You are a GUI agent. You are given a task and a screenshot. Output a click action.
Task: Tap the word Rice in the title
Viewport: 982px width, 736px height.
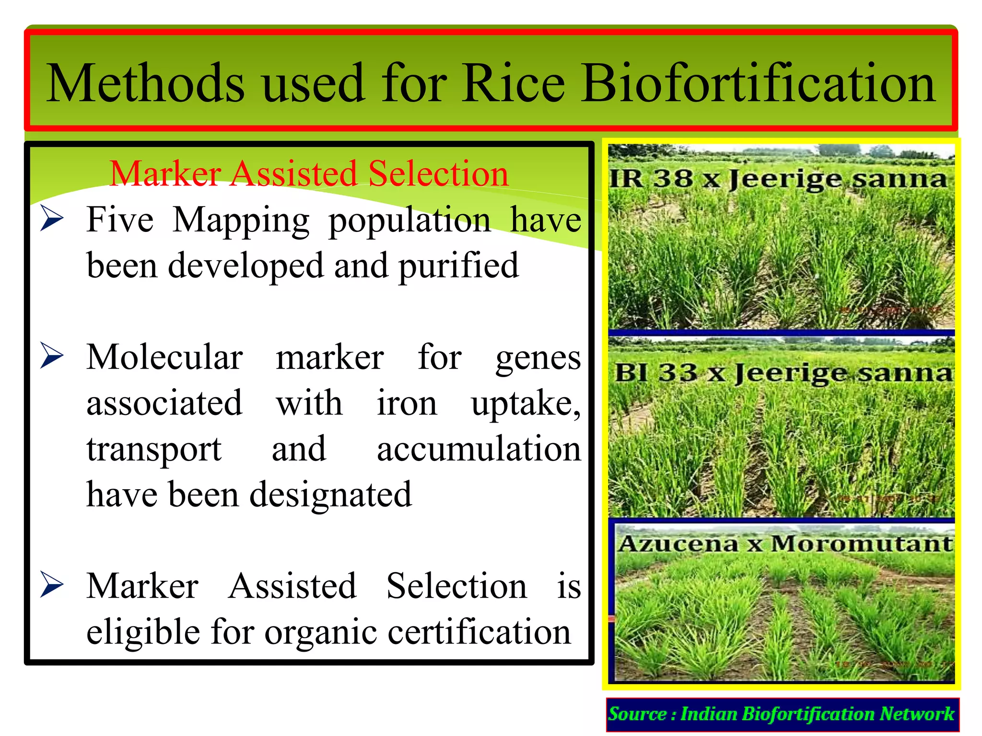click(513, 84)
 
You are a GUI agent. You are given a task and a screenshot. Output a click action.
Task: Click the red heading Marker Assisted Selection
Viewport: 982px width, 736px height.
click(309, 173)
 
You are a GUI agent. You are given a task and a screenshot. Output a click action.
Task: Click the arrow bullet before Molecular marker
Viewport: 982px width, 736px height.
click(52, 356)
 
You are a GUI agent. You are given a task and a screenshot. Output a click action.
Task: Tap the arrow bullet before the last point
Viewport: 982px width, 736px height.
click(52, 584)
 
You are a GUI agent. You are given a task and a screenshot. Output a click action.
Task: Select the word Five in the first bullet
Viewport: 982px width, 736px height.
click(120, 220)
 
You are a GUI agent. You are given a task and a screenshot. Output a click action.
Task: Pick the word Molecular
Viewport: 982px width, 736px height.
click(164, 357)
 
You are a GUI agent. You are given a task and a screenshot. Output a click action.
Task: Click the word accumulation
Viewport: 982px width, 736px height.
click(479, 449)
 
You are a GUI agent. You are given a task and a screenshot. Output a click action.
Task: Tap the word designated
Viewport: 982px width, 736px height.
click(331, 495)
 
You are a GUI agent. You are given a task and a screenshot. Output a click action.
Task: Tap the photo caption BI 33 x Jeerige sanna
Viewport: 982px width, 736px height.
click(783, 373)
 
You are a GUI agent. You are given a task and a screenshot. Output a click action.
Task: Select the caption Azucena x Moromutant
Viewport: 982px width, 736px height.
click(784, 544)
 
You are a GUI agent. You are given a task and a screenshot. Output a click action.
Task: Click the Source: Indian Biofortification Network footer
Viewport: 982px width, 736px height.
click(782, 714)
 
